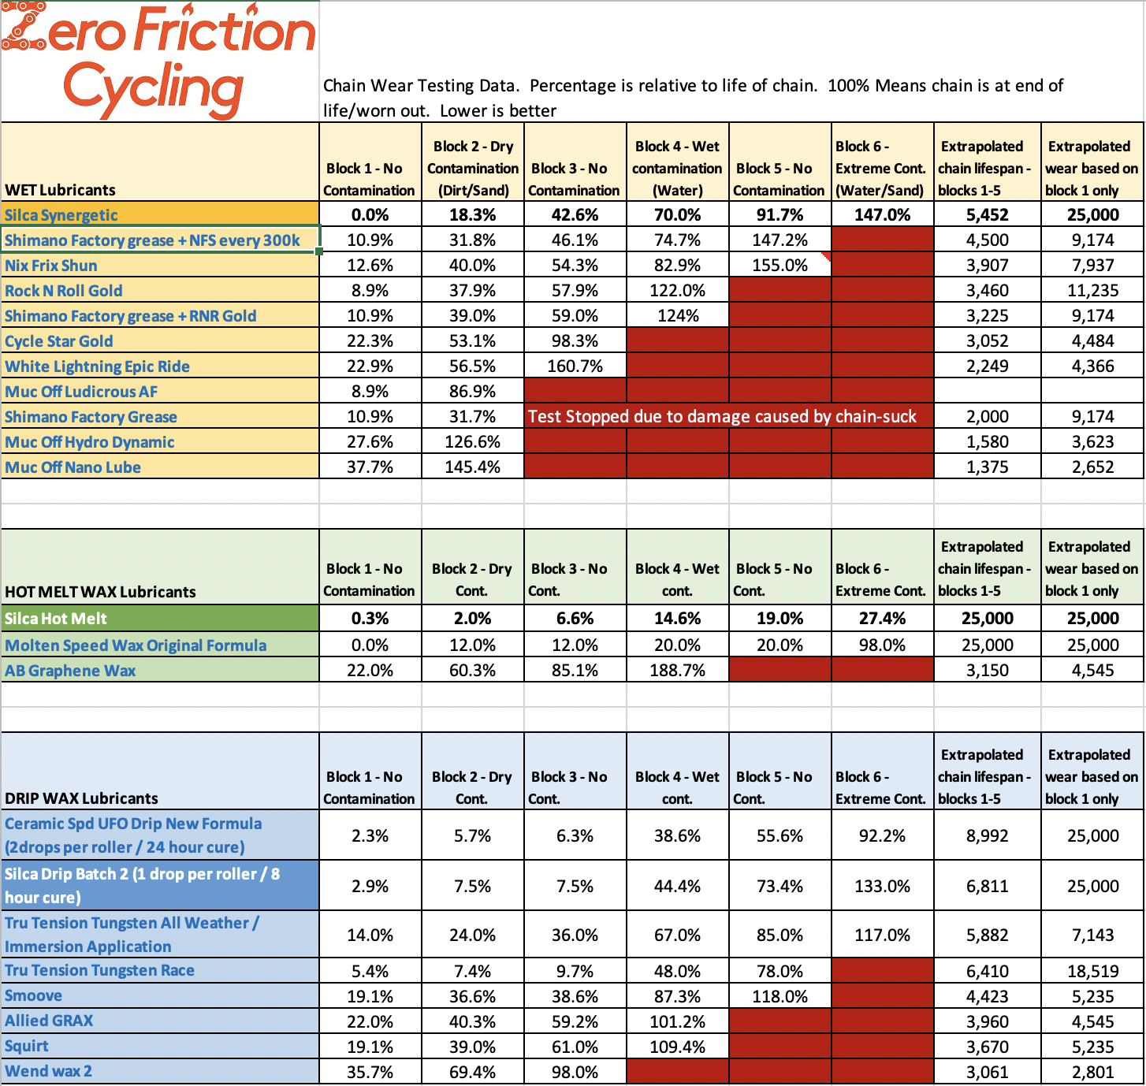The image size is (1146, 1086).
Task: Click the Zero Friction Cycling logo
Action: tap(158, 61)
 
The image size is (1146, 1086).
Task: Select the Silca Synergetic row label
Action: tap(61, 215)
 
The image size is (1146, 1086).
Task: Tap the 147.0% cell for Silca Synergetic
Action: tap(882, 215)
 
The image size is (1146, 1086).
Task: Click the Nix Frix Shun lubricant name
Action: tap(51, 266)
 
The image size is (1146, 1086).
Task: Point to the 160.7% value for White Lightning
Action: tap(575, 366)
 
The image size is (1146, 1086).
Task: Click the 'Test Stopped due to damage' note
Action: tap(722, 417)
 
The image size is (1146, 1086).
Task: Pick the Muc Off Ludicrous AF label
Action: tap(81, 392)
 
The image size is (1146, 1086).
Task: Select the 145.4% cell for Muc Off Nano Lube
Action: tap(472, 467)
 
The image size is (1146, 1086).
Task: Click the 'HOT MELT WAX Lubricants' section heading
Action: tap(100, 592)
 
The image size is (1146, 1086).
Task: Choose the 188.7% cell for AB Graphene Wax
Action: tap(677, 671)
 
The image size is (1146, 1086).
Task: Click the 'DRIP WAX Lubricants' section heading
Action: tap(81, 798)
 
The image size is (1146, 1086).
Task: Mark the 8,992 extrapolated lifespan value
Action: tap(987, 836)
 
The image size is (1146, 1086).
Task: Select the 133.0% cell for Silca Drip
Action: tap(882, 887)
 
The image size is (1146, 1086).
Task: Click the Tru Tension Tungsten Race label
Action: tap(99, 970)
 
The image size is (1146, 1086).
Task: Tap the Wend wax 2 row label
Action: tap(48, 1071)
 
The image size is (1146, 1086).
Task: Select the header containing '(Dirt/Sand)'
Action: tap(473, 169)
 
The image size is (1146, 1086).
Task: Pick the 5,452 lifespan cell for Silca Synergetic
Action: tap(987, 215)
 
